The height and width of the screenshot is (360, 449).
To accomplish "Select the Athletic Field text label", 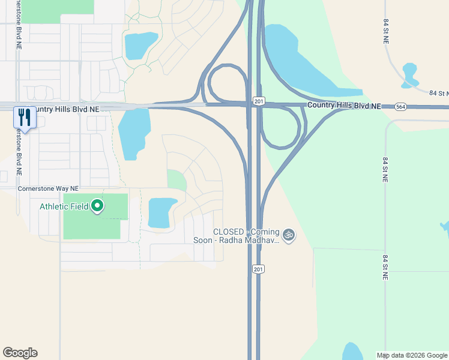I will point(64,207).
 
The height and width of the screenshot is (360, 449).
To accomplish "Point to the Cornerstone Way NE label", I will point(45,188).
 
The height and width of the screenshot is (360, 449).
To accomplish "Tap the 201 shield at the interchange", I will point(258,102).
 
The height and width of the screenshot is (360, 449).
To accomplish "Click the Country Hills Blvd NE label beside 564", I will point(344,106).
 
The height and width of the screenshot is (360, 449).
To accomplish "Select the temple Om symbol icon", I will point(289,235).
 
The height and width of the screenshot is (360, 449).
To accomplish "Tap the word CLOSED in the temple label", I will point(229,232).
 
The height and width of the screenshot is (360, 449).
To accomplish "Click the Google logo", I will point(20,353).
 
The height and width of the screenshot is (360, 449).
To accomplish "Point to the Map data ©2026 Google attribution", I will point(412,355).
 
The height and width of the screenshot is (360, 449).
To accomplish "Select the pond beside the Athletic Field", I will point(160,212).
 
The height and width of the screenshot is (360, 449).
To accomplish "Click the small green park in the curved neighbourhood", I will point(176,179).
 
